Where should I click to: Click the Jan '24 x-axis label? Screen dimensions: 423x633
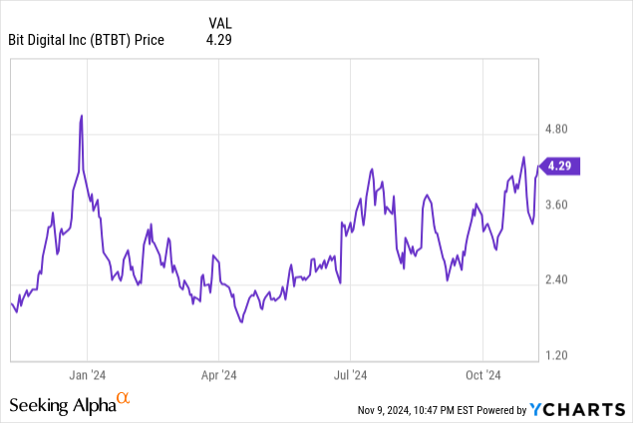pyautogui.click(x=87, y=375)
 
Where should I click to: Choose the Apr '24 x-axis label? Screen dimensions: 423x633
pyautogui.click(x=218, y=375)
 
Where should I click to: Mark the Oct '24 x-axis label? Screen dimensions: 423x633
pyautogui.click(x=482, y=375)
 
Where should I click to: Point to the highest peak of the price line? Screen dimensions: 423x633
pyautogui.click(x=81, y=116)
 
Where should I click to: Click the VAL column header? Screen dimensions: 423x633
pyautogui.click(x=222, y=22)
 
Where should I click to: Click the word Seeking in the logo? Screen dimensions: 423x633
pyautogui.click(x=39, y=405)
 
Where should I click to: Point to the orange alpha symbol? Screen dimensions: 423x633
pyautogui.click(x=123, y=400)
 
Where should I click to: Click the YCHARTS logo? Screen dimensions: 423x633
pyautogui.click(x=577, y=408)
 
